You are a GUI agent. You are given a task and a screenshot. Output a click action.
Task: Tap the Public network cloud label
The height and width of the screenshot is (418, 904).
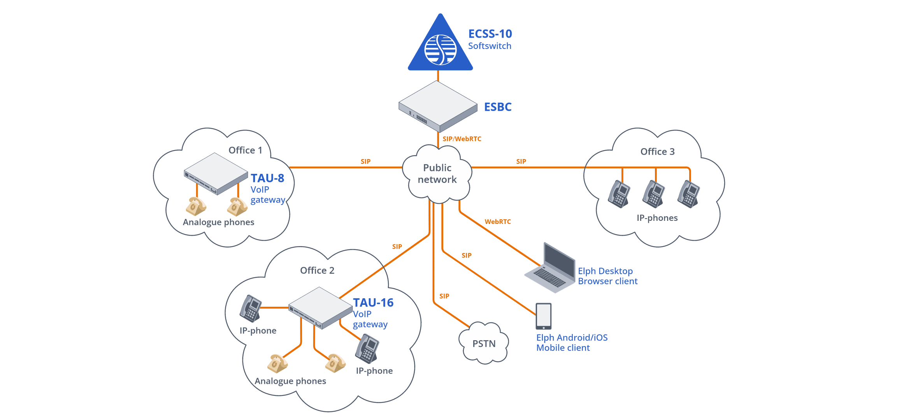[437, 173]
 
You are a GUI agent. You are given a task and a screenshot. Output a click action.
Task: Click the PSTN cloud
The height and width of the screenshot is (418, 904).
[484, 343]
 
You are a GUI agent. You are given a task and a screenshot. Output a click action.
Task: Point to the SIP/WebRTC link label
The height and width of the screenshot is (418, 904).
[462, 139]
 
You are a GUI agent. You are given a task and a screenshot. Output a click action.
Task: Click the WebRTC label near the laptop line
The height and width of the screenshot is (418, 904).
[497, 222]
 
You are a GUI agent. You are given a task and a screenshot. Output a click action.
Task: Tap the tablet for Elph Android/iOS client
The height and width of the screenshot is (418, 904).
[543, 316]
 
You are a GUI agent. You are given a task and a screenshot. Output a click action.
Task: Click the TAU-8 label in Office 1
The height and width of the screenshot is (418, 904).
[267, 178]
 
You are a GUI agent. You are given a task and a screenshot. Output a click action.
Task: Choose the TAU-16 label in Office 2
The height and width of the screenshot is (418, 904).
[373, 303]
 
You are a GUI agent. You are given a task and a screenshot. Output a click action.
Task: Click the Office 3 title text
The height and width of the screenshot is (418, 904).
[657, 152]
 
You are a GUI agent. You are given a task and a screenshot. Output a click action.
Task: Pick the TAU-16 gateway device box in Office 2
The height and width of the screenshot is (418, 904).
[320, 308]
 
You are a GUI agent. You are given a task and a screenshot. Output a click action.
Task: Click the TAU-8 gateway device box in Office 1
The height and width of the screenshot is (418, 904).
[216, 173]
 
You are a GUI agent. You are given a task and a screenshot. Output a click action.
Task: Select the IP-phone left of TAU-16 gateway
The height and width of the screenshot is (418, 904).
[250, 308]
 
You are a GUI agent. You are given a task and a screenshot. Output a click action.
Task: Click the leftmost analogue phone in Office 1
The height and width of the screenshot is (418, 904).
[195, 206]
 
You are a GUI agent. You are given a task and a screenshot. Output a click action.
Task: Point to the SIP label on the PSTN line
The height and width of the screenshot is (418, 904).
[444, 296]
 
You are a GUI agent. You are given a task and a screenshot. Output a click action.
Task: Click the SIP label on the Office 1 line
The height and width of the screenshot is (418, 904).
[365, 161]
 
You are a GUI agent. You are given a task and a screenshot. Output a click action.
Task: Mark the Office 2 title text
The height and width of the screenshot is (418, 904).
[317, 270]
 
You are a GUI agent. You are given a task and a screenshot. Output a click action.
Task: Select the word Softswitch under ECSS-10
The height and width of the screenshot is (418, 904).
[489, 46]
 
